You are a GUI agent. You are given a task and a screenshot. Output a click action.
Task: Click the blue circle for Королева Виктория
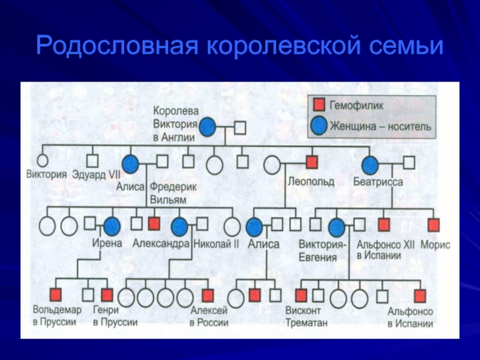pos(208,127)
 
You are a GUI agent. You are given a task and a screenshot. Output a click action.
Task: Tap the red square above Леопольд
pos(311,162)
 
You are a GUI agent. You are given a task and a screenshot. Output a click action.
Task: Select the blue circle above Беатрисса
pos(370,165)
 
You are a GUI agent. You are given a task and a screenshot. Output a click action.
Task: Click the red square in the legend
pos(319,104)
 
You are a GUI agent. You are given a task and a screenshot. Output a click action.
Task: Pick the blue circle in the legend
pos(319,126)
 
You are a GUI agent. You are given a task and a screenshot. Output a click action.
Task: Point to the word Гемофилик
pos(356,106)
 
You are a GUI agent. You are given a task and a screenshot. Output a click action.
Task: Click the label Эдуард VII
pos(96,175)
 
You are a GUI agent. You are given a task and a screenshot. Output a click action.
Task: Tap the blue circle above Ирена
pos(112,227)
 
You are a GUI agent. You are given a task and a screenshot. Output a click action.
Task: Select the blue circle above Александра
pos(179,227)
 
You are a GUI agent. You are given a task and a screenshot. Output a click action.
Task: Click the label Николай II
pos(216,244)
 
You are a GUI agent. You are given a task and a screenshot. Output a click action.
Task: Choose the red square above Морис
pos(433,225)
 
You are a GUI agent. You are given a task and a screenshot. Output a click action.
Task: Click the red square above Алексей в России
pos(208,296)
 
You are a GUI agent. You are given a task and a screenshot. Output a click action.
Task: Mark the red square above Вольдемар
pos(55,295)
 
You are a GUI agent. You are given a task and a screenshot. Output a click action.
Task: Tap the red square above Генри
pos(107,295)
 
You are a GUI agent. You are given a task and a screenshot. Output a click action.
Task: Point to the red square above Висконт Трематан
pos(301,296)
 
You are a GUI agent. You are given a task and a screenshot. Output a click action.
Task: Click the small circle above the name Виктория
pos(43,160)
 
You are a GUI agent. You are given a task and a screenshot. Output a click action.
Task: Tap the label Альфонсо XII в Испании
pos(385,250)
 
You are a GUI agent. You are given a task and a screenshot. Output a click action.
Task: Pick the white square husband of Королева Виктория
pos(240,128)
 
